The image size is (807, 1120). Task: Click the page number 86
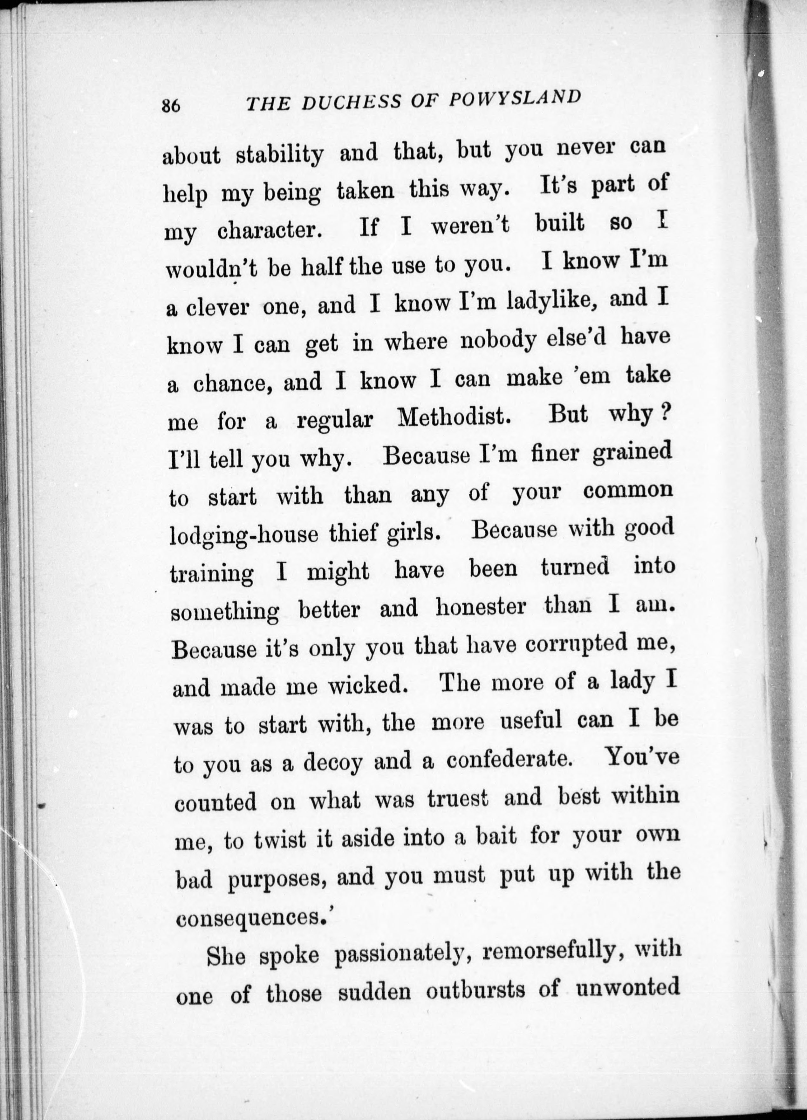pos(171,106)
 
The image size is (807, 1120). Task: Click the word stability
pos(279,155)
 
